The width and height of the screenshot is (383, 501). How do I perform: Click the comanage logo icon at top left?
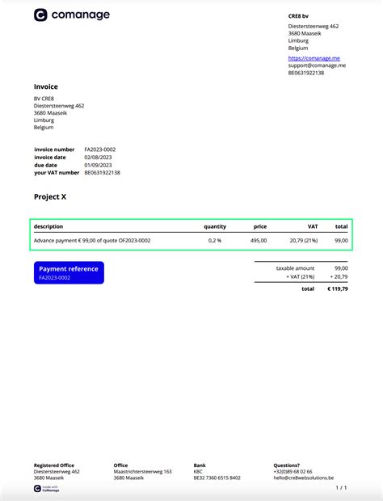click(x=40, y=15)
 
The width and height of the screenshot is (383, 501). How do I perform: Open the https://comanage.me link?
click(x=314, y=57)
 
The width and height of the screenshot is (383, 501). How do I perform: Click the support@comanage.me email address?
click(x=317, y=65)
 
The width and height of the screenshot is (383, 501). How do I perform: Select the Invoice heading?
click(x=46, y=86)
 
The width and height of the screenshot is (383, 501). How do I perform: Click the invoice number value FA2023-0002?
click(x=100, y=149)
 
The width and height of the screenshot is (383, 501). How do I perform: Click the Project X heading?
click(x=50, y=196)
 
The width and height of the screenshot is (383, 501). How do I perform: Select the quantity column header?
click(x=214, y=226)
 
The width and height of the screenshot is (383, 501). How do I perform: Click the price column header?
click(x=259, y=226)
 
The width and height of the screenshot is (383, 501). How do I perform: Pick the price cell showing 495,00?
click(x=258, y=240)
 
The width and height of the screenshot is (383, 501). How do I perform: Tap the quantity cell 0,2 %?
click(x=214, y=240)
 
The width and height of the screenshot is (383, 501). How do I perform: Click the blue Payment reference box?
click(x=69, y=272)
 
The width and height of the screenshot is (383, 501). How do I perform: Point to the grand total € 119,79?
click(x=336, y=288)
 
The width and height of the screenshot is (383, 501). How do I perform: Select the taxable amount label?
click(x=295, y=267)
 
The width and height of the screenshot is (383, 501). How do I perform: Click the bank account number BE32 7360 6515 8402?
click(x=217, y=478)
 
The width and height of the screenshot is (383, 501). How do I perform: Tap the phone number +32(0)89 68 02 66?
click(x=293, y=471)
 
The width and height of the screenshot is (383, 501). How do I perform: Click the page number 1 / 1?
click(x=341, y=488)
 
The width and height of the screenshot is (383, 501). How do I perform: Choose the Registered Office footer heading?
click(x=53, y=465)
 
